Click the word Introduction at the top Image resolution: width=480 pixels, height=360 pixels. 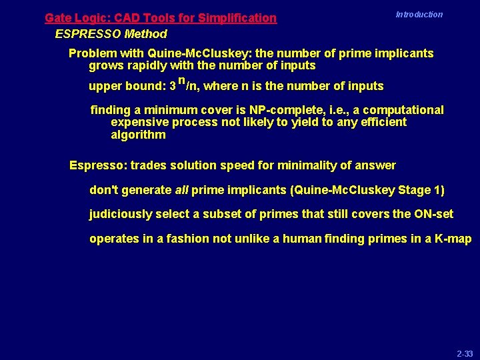click(419, 15)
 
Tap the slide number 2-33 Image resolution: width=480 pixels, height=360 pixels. click(464, 352)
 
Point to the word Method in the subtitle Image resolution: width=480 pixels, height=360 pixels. click(145, 33)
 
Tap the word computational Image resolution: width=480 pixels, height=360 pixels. click(401, 110)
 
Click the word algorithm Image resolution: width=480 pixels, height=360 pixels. click(138, 135)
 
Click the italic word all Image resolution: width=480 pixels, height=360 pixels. click(181, 190)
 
